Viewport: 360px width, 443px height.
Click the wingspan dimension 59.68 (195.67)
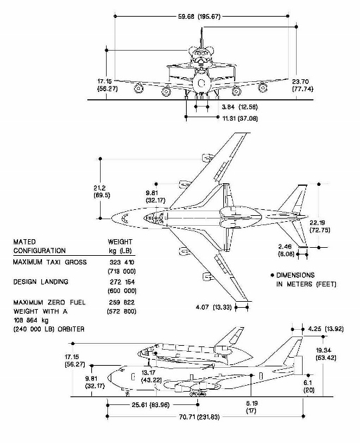pyautogui.click(x=199, y=17)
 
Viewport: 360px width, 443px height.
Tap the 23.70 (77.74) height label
pyautogui.click(x=303, y=85)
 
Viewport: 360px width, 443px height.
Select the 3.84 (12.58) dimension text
pyautogui.click(x=239, y=107)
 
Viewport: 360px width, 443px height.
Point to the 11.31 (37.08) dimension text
pyautogui.click(x=240, y=119)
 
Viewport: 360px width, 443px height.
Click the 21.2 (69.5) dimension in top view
pyautogui.click(x=102, y=192)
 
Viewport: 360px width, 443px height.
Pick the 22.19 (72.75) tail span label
pyautogui.click(x=320, y=226)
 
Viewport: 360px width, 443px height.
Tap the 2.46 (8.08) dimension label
pyautogui.click(x=286, y=250)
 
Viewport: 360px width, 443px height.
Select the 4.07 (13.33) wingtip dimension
pyautogui.click(x=213, y=307)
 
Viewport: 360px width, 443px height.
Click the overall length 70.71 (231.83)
pyautogui.click(x=199, y=417)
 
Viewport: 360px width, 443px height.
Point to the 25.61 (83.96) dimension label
pyautogui.click(x=151, y=405)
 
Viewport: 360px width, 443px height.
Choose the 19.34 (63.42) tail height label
pyautogui.click(x=326, y=354)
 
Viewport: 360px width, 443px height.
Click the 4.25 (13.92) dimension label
pyautogui.click(x=326, y=329)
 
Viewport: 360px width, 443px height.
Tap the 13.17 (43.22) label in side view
pyautogui.click(x=151, y=376)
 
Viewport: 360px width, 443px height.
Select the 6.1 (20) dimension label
pyautogui.click(x=309, y=386)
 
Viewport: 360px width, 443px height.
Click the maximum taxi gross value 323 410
pyautogui.click(x=122, y=262)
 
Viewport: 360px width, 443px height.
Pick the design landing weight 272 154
pyautogui.click(x=122, y=282)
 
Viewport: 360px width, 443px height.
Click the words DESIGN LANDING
pyautogui.click(x=41, y=282)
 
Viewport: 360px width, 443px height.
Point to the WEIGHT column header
pyautogui.click(x=120, y=242)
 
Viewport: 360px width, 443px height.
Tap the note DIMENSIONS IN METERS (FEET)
pyautogui.click(x=306, y=279)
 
